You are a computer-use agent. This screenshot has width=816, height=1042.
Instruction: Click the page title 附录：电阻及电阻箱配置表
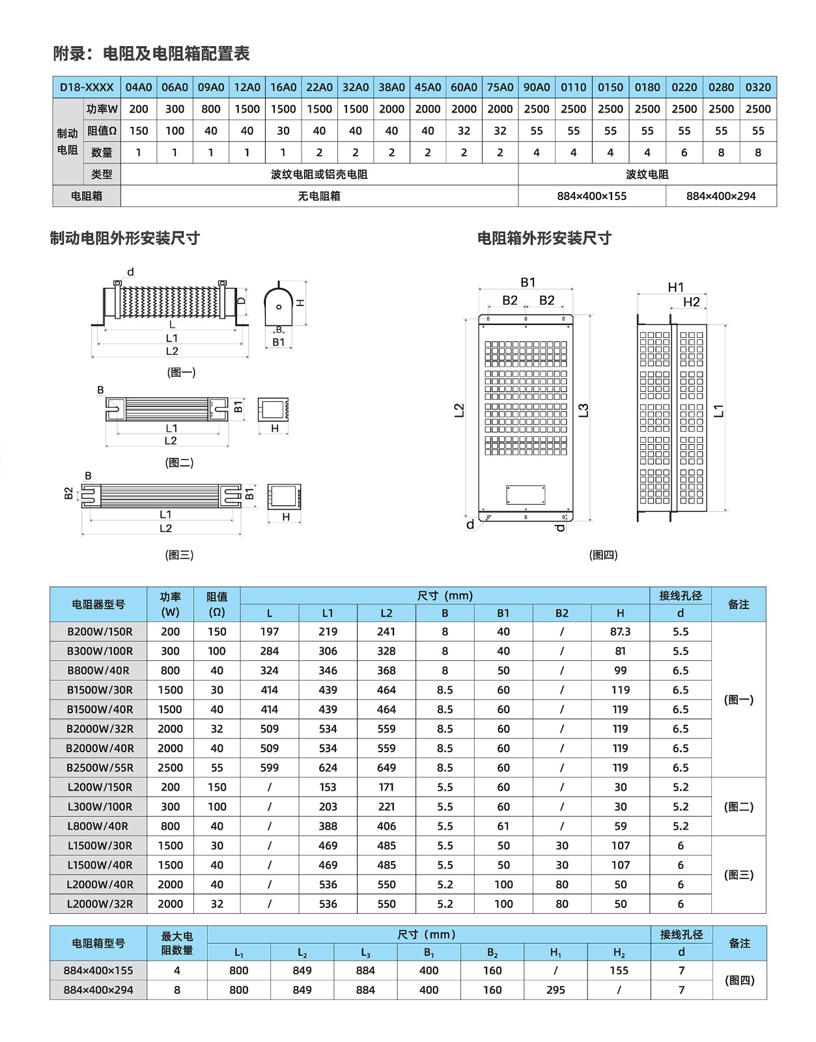click(x=151, y=53)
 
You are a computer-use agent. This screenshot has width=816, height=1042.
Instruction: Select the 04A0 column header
click(x=139, y=87)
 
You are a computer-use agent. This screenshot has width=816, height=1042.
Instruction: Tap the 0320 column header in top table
click(x=758, y=87)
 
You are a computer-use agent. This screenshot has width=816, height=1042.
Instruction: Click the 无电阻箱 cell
click(x=319, y=196)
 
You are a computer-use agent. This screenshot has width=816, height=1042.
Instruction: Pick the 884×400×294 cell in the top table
click(x=721, y=196)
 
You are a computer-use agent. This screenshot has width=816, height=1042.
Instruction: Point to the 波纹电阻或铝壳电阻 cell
click(x=319, y=175)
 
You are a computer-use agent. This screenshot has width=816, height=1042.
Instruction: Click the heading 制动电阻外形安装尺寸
click(x=125, y=238)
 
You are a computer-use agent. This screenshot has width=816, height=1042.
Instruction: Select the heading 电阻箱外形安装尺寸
click(x=544, y=238)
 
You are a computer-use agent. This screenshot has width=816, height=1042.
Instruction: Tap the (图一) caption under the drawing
click(x=181, y=373)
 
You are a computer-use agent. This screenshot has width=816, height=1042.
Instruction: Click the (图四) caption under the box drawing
click(x=603, y=555)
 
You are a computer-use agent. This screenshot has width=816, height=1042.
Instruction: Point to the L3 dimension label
click(x=584, y=410)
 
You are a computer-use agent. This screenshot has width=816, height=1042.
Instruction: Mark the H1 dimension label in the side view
click(x=676, y=287)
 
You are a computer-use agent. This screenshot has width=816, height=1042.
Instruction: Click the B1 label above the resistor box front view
click(x=528, y=283)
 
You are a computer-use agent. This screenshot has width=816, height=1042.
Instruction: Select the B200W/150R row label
click(x=100, y=632)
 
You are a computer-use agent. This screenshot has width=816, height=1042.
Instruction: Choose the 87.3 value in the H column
click(x=620, y=632)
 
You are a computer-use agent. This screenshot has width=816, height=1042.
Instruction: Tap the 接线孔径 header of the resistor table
click(x=680, y=595)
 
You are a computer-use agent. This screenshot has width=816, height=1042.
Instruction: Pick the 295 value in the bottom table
click(x=556, y=990)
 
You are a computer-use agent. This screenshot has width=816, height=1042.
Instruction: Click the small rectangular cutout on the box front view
click(x=526, y=494)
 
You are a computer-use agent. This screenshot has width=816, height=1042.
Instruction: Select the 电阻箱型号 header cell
click(x=98, y=943)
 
